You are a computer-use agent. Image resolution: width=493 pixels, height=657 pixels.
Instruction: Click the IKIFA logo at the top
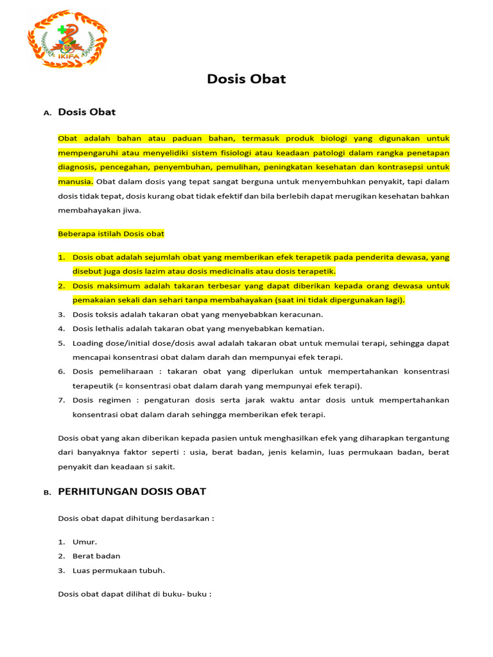coord(67,40)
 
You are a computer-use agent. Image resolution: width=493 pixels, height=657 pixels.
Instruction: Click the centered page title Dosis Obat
coord(246,80)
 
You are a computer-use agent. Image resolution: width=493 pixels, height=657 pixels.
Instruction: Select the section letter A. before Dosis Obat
coord(47,114)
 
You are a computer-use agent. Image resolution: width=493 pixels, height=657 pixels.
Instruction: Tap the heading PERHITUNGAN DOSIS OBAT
coord(132,491)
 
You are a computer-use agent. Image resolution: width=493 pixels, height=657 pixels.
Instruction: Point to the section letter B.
coord(47,493)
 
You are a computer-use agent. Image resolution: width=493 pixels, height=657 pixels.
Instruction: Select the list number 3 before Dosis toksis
coord(62,314)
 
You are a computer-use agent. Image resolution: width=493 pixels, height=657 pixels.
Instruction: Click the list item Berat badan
coord(96,556)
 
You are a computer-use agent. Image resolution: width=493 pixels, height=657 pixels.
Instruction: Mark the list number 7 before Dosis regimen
coord(62,400)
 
